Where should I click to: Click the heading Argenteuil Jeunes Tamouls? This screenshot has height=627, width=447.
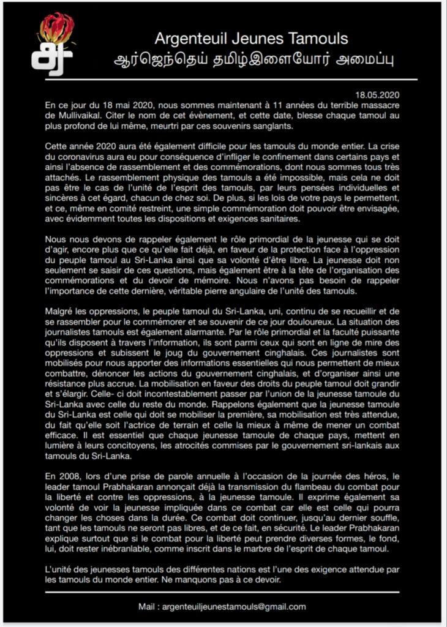coord(251,39)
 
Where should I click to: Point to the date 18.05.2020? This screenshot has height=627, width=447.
coord(378,95)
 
